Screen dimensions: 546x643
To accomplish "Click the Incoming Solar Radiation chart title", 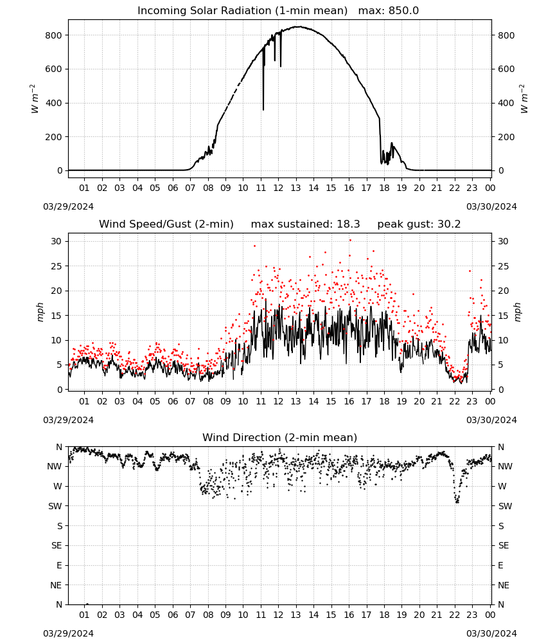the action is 242,11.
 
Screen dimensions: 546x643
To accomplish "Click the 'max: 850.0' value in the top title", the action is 389,11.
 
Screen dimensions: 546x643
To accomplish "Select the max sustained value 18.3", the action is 349,224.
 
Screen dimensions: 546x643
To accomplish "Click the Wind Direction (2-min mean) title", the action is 280,437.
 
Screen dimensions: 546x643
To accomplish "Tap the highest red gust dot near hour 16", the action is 350,240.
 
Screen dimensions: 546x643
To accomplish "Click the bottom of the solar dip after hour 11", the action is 263,109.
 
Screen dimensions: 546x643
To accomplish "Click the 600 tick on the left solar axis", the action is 54,69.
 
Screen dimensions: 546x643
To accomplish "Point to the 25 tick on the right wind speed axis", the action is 504,266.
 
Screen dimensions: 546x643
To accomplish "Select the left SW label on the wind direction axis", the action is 55,506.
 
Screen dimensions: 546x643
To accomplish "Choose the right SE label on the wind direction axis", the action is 504,545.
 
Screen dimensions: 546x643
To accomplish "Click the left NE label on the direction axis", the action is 56,585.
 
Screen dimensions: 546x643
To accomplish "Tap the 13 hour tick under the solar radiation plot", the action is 295,188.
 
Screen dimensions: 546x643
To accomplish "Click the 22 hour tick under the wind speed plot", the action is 454,401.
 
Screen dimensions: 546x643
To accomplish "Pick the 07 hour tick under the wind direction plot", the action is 190,615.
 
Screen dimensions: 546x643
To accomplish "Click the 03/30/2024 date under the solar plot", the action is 491,206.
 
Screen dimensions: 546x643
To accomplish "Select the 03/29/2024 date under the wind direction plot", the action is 68,633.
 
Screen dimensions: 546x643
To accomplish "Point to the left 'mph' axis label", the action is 40,312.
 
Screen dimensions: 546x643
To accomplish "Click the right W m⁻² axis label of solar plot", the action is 524,99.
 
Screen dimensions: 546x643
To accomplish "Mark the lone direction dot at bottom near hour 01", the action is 87,604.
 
